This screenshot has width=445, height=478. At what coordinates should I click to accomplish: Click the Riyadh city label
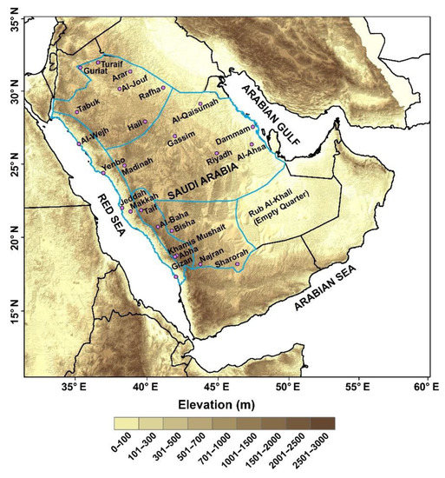coord(219,162)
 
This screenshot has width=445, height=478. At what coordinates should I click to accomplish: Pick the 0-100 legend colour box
coord(126,423)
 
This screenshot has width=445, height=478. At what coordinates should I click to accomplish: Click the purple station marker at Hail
coord(144,121)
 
